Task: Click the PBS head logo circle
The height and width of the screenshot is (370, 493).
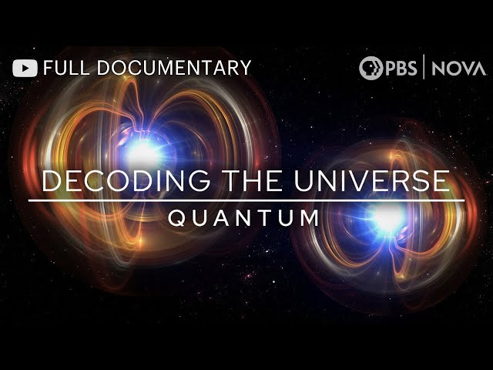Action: point(371,68)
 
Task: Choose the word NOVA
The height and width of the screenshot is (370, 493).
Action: point(459,68)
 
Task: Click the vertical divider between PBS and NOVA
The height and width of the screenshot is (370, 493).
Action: point(424,68)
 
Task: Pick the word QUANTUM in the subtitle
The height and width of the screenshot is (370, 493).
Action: point(243,218)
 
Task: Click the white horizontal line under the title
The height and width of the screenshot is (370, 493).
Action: point(246,200)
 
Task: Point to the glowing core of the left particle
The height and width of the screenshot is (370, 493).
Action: point(143,151)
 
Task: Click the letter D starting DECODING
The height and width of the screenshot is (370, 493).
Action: point(52,181)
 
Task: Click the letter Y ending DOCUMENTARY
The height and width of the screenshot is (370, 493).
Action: point(245,68)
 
